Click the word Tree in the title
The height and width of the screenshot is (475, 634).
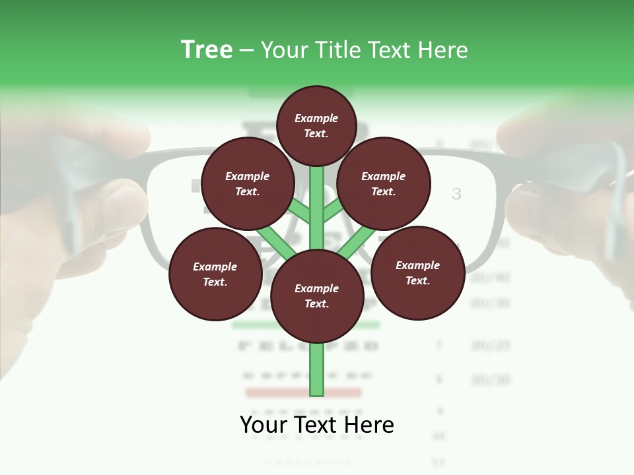(207, 50)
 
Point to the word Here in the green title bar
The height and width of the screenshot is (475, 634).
(442, 50)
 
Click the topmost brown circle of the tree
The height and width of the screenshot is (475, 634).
(317, 125)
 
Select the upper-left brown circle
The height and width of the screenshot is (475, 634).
(247, 183)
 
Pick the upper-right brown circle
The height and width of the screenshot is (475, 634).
(384, 183)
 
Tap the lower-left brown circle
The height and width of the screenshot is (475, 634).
(215, 274)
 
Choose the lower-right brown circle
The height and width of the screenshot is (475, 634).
(417, 272)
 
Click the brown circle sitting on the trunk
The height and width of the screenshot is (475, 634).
(317, 296)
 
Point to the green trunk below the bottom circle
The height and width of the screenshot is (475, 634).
(317, 369)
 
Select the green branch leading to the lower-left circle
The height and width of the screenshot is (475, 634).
(275, 243)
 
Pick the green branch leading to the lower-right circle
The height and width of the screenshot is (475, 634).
(357, 243)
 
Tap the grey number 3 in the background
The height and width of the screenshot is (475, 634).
(456, 194)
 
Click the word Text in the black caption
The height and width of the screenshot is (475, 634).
(317, 425)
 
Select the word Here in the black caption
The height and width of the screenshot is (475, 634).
(370, 425)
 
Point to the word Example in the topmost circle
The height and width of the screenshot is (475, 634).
(316, 119)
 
